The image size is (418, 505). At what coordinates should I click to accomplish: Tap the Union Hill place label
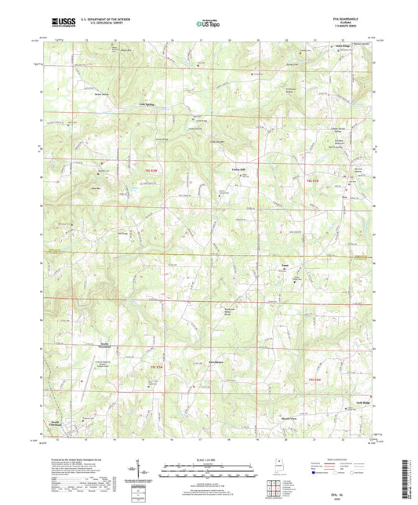[238, 169]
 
